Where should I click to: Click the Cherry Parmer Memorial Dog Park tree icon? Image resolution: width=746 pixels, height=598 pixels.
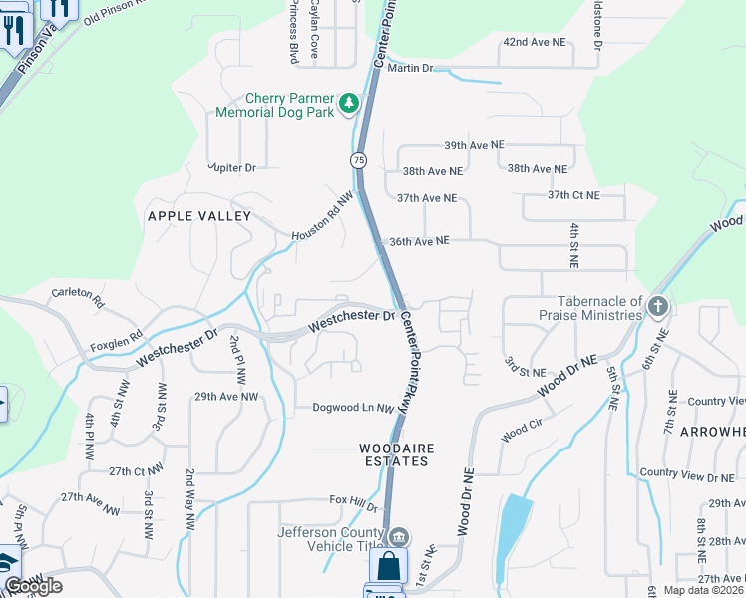click(x=349, y=103)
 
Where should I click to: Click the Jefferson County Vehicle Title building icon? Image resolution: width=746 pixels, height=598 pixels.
click(x=399, y=538)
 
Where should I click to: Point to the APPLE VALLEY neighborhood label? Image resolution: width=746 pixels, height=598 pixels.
click(x=199, y=216)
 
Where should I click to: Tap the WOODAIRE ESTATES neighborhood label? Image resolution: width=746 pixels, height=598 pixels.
click(x=397, y=455)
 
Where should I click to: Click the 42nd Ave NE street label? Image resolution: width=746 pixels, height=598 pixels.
click(x=534, y=43)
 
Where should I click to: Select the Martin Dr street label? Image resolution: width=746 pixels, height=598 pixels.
click(x=411, y=68)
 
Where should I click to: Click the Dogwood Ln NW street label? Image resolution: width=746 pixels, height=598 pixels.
click(x=353, y=407)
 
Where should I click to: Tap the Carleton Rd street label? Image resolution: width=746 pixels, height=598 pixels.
click(x=78, y=295)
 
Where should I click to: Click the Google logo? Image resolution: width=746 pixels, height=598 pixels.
click(x=33, y=586)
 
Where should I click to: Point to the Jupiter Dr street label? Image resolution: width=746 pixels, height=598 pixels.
click(x=232, y=167)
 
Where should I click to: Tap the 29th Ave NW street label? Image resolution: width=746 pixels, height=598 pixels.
click(x=226, y=397)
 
